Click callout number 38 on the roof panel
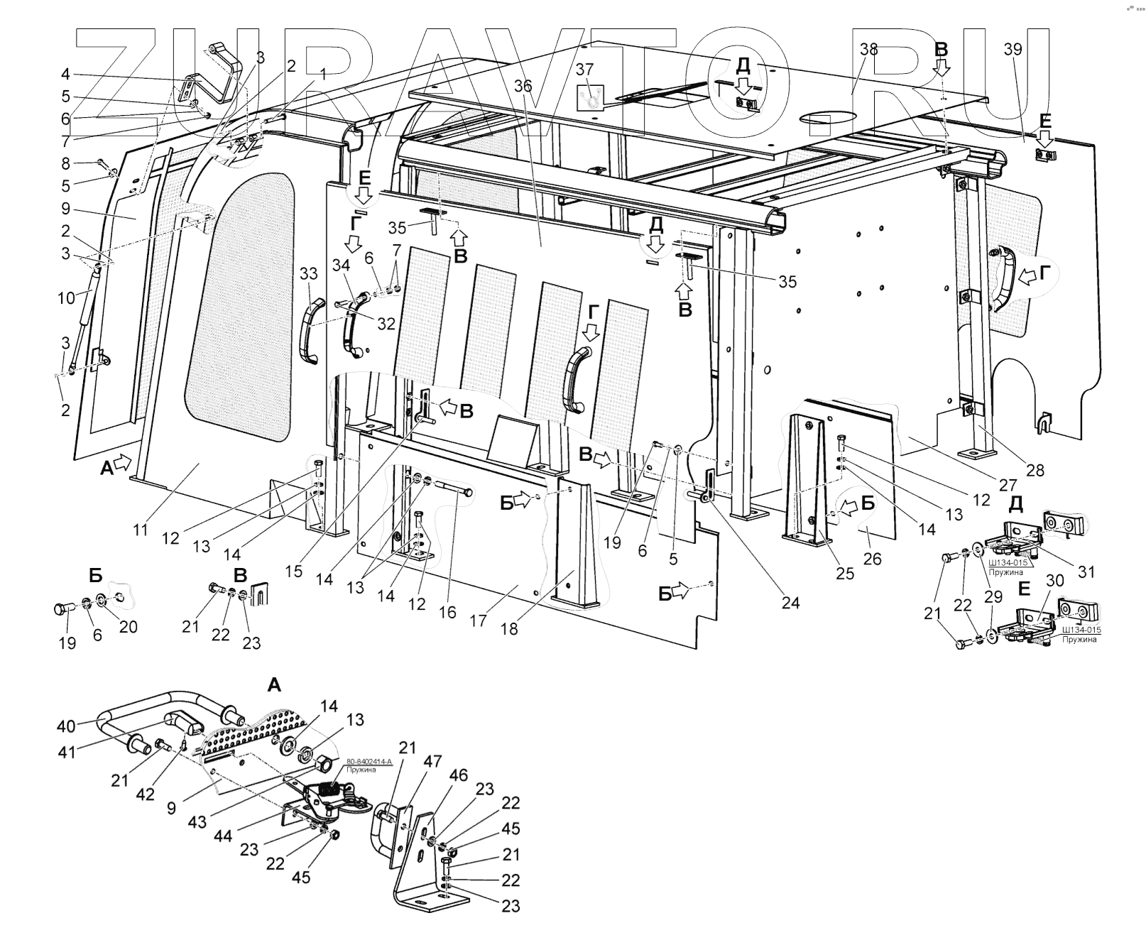tap(868, 49)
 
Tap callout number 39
tap(1013, 49)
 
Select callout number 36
tap(523, 86)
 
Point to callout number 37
tap(584, 69)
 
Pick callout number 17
tap(478, 620)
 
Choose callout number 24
tap(790, 603)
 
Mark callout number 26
tap(872, 559)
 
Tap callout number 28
tap(1035, 470)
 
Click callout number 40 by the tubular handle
tap(66, 726)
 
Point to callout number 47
tap(433, 762)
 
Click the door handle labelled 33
tap(310, 332)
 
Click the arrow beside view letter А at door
tap(122, 463)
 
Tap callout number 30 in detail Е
tap(1055, 580)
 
